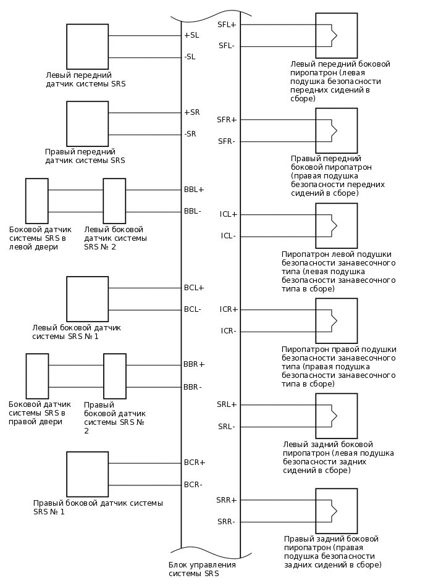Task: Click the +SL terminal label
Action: pyautogui.click(x=191, y=35)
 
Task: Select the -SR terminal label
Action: pyautogui.click(x=190, y=134)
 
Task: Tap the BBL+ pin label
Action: pyautogui.click(x=193, y=189)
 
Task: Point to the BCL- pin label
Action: pyautogui.click(x=192, y=309)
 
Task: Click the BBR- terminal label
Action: pyautogui.click(x=193, y=387)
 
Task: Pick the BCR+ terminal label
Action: pyautogui.click(x=194, y=462)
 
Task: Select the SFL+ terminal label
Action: pyautogui.click(x=227, y=24)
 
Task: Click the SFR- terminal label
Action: pyautogui.click(x=226, y=141)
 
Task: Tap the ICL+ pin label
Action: pyautogui.click(x=228, y=214)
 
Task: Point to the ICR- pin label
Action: pyautogui.click(x=228, y=331)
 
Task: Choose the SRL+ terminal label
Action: pyautogui.click(x=227, y=404)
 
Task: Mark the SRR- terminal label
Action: pyautogui.click(x=226, y=522)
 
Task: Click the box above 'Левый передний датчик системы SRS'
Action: pyautogui.click(x=87, y=47)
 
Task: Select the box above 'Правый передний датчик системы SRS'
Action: pyautogui.click(x=87, y=123)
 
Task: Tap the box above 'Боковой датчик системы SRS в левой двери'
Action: pyautogui.click(x=36, y=201)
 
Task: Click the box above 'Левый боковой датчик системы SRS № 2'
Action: pyautogui.click(x=114, y=201)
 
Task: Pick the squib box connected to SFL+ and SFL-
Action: pyautogui.click(x=336, y=36)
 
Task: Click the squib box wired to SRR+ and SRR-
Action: pyautogui.click(x=336, y=511)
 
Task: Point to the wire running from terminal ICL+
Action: pyautogui.click(x=278, y=214)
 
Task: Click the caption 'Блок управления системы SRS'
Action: pyautogui.click(x=202, y=569)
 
